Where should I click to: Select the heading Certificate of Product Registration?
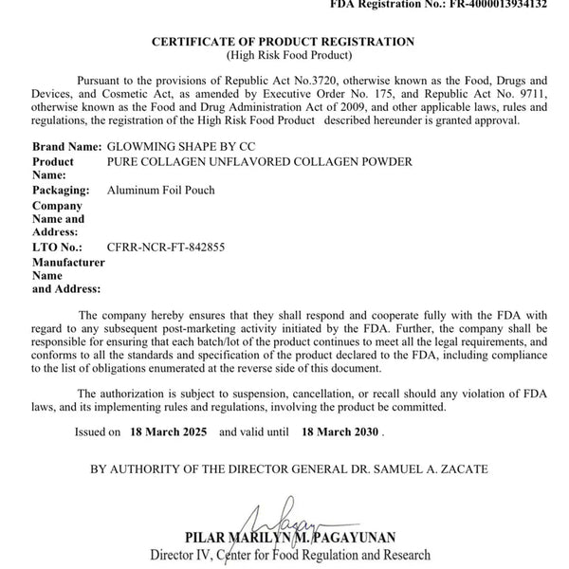click(284, 43)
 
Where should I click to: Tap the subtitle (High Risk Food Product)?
click(284, 56)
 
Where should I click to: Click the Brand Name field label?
click(67, 148)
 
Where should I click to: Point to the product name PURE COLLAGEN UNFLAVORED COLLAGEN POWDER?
click(260, 162)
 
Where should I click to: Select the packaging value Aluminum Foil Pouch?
click(161, 191)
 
